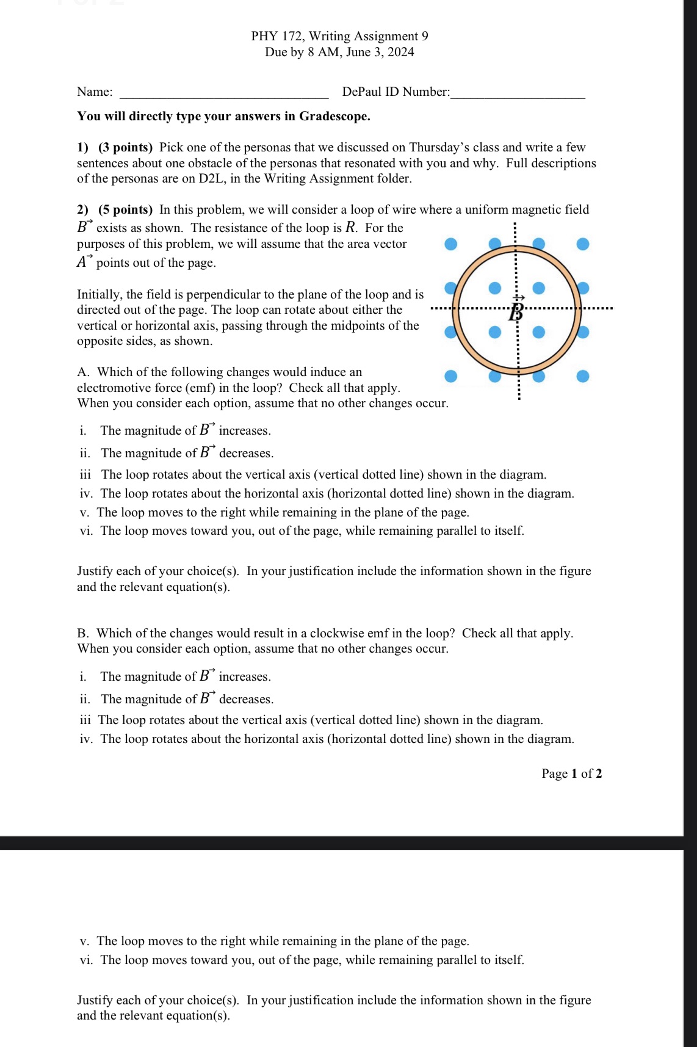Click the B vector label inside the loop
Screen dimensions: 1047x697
(x=517, y=310)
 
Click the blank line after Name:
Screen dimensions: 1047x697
(x=225, y=93)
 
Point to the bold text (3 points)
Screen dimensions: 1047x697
(x=125, y=147)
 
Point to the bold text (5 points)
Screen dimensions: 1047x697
(x=125, y=209)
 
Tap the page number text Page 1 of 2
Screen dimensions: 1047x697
(x=571, y=773)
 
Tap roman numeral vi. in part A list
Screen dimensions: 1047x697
(x=86, y=531)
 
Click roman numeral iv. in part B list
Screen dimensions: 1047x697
(x=86, y=739)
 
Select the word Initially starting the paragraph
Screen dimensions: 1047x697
(x=100, y=294)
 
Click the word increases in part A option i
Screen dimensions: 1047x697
(x=244, y=430)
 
